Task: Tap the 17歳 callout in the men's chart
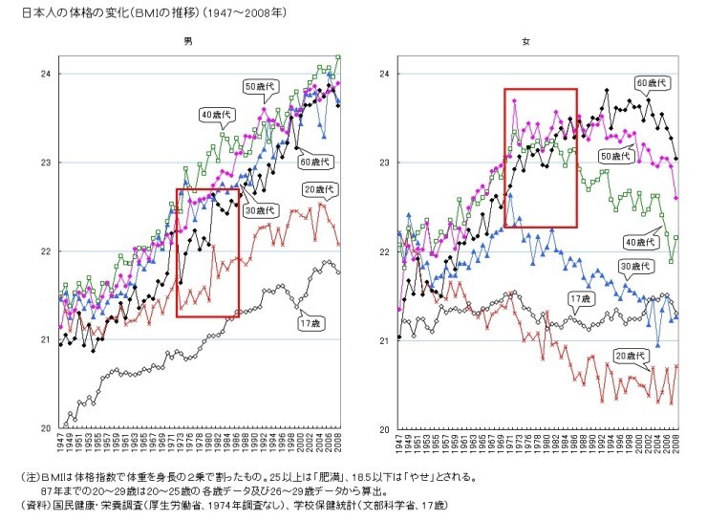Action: click(311, 323)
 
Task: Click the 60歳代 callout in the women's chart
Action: click(652, 83)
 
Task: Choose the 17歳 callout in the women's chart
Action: click(578, 298)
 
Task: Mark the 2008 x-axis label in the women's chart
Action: click(677, 446)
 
